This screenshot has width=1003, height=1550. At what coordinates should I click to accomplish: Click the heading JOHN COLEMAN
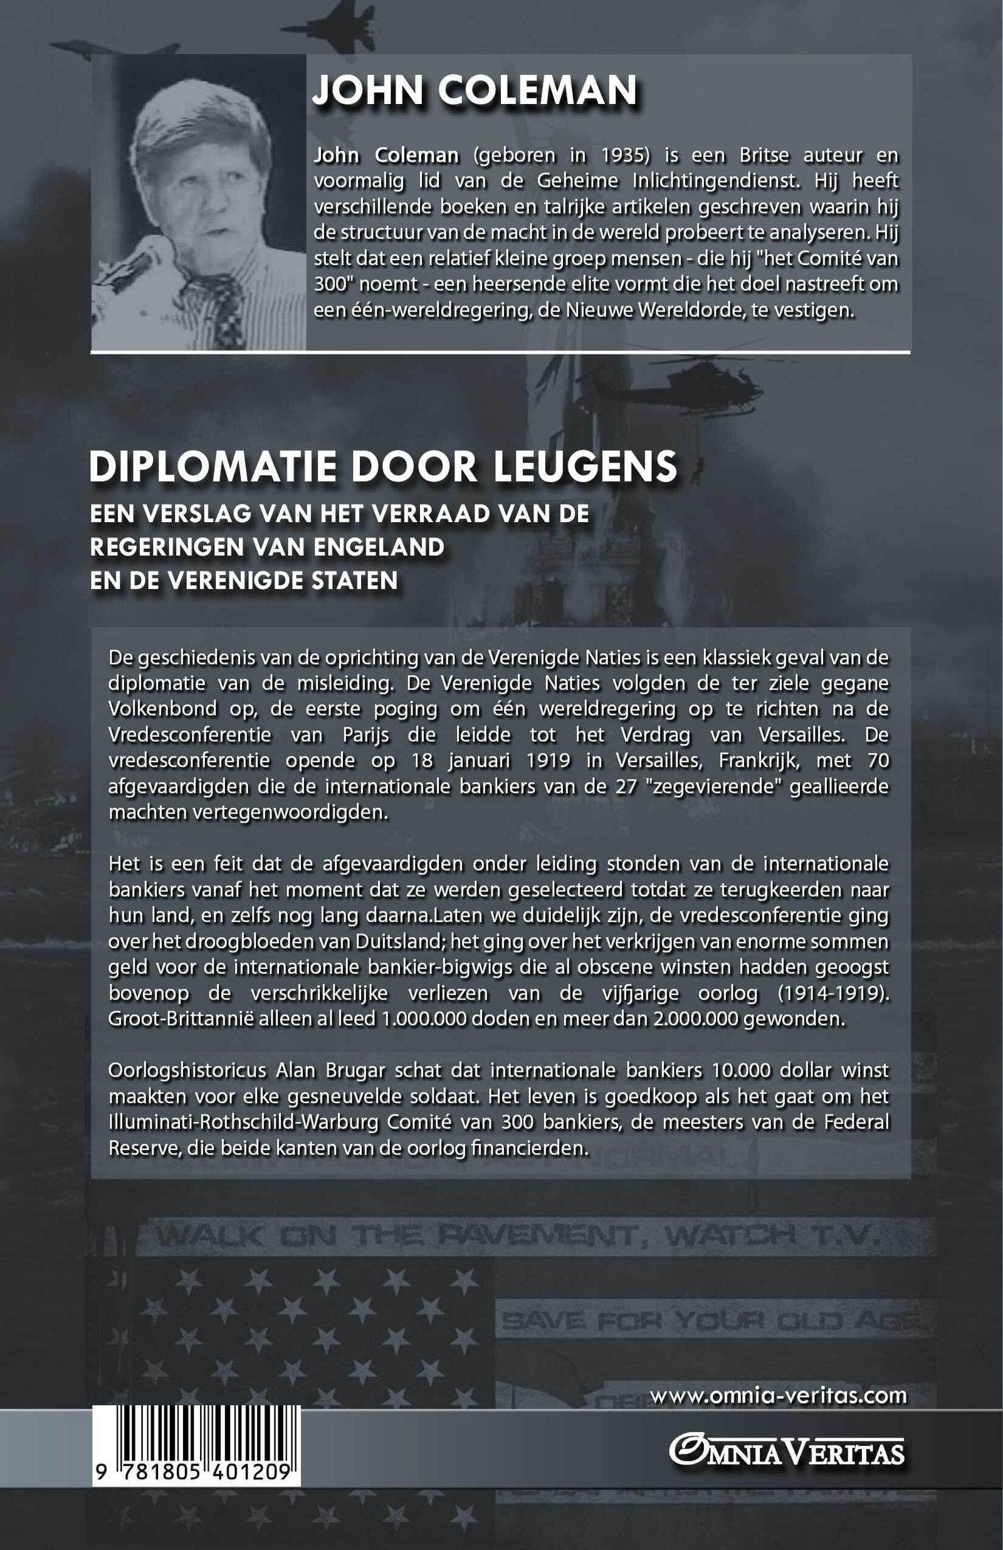474,90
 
